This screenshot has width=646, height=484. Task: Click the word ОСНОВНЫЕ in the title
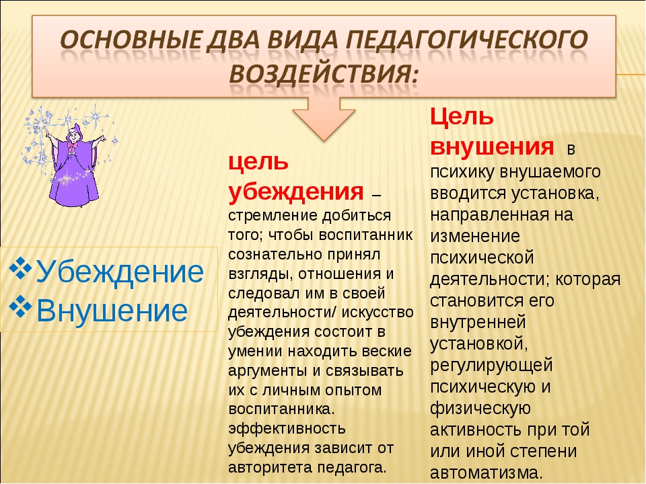pyautogui.click(x=130, y=40)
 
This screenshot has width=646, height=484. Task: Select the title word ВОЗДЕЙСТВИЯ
pyautogui.click(x=324, y=75)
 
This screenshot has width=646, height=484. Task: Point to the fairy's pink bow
pyautogui.click(x=73, y=147)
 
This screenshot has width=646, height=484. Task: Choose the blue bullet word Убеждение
pyautogui.click(x=120, y=272)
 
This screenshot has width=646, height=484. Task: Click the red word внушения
pyautogui.click(x=492, y=146)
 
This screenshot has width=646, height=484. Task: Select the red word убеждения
pyautogui.click(x=296, y=191)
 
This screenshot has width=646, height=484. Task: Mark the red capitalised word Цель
pyautogui.click(x=462, y=116)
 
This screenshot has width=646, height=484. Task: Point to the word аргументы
pyautogui.click(x=267, y=370)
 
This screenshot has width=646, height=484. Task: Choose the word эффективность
pyautogui.click(x=287, y=428)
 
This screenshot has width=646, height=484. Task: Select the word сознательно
pyautogui.click(x=275, y=254)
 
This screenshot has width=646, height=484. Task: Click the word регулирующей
pyautogui.click(x=491, y=366)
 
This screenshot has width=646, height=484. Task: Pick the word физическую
pyautogui.click(x=480, y=408)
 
